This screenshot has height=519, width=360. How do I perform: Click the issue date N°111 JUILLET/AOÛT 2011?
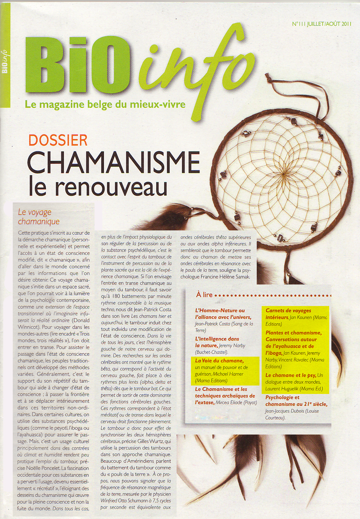tap(321, 24)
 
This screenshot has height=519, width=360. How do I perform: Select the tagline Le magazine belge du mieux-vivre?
tap(105, 105)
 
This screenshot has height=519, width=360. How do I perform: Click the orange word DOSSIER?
tap(58, 140)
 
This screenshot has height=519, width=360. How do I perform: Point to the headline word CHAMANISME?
tap(114, 163)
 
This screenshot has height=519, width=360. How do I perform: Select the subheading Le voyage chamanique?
tap(39, 217)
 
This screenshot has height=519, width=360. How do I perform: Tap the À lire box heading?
tap(204, 295)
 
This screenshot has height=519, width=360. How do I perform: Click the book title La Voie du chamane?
tap(219, 361)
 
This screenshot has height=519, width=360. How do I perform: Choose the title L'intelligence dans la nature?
tap(217, 342)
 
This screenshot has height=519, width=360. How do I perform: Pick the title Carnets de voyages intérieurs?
tap(288, 314)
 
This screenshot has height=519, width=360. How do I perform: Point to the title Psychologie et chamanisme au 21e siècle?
tap(296, 401)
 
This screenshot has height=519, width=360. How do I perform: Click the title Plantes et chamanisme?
tap(294, 333)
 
